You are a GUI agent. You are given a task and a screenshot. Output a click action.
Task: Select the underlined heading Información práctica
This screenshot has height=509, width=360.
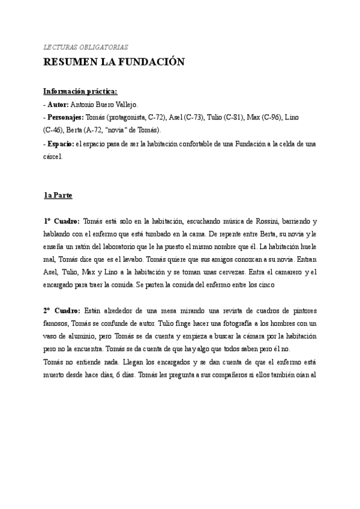click(x=80, y=91)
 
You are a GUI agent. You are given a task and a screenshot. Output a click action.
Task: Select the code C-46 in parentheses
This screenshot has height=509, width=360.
click(x=55, y=130)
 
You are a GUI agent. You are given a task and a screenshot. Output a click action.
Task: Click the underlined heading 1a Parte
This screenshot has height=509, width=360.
click(x=58, y=195)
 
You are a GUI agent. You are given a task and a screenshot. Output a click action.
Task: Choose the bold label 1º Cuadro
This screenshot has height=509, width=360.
click(x=61, y=221)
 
